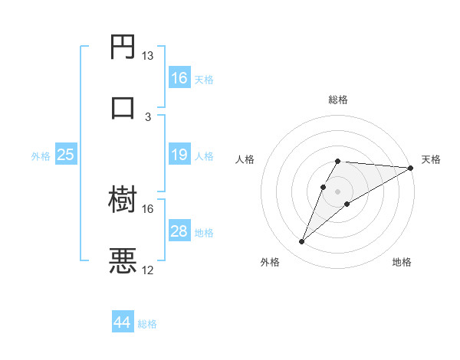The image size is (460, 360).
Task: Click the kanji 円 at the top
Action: point(123,47)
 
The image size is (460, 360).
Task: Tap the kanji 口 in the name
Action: point(123,106)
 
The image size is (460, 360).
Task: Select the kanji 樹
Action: point(123,200)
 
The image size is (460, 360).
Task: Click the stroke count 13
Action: point(148,56)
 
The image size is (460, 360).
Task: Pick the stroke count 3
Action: point(148,116)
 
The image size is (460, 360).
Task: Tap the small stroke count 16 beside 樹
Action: point(148,208)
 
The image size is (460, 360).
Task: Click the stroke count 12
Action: point(148,270)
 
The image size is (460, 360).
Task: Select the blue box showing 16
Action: point(179,78)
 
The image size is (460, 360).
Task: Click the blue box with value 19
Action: point(179,155)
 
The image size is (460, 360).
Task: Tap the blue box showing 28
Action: point(179,231)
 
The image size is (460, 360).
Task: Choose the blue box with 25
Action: point(66,155)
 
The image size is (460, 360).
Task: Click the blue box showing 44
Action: point(123,323)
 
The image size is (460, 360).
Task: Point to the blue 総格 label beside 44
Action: point(147,324)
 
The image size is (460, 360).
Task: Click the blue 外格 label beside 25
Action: point(41,155)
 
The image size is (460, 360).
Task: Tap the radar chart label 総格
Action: point(338,100)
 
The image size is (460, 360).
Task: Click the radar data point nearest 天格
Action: point(411,168)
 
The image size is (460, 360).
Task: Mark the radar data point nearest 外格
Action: point(301,242)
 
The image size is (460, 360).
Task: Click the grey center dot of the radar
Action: point(338,191)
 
